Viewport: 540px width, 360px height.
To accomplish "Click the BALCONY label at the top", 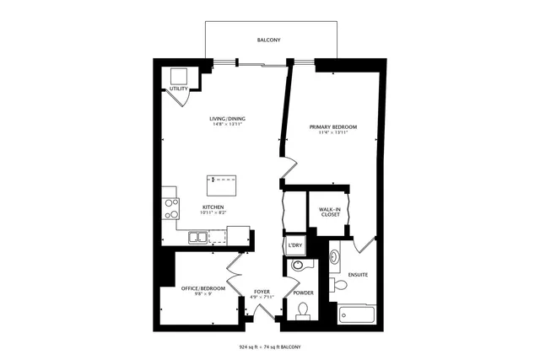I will pyautogui.click(x=269, y=40).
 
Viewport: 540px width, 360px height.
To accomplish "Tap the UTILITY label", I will pyautogui.click(x=178, y=88).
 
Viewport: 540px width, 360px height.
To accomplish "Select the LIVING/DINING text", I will pyautogui.click(x=226, y=118).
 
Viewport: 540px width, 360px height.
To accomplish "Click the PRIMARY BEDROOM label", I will pyautogui.click(x=333, y=127).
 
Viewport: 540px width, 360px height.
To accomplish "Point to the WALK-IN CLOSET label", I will pyautogui.click(x=329, y=212).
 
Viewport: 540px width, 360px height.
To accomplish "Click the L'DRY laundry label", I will pyautogui.click(x=294, y=245).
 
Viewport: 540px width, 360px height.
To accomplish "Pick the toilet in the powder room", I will pyautogui.click(x=303, y=314).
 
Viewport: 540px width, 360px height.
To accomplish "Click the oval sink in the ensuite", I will pyautogui.click(x=334, y=252).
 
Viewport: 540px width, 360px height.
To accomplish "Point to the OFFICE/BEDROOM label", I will pyautogui.click(x=202, y=289).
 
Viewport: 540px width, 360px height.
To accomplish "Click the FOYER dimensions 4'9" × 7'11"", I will pyautogui.click(x=261, y=297).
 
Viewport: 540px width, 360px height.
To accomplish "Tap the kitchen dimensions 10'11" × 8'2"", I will pyautogui.click(x=213, y=213).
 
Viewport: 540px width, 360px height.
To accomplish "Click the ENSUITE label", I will pyautogui.click(x=358, y=276).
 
